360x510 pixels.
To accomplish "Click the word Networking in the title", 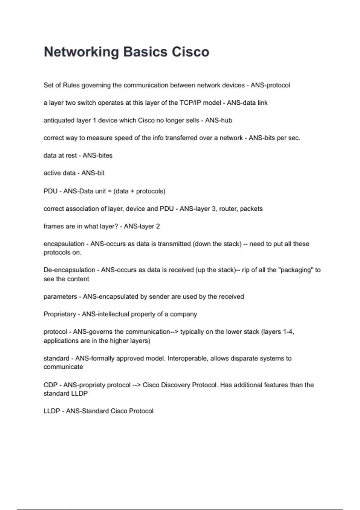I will (x=81, y=52).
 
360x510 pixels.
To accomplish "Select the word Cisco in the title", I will (x=190, y=52).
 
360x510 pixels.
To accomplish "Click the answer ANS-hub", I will (x=218, y=120).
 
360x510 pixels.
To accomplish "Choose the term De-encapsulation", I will (x=69, y=270).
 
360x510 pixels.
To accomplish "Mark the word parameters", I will (x=60, y=297).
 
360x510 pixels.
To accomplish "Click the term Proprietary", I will (x=60, y=314).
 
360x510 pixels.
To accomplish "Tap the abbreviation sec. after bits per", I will (x=294, y=138).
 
